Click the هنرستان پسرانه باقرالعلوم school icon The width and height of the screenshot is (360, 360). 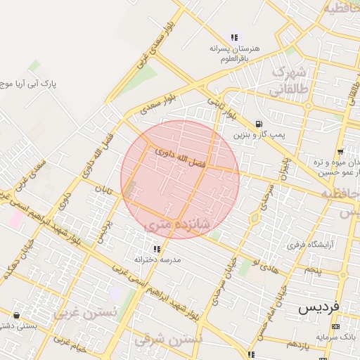coord(234,37)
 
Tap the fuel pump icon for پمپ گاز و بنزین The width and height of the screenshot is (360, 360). coord(261,124)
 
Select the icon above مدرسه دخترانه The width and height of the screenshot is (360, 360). coord(156,249)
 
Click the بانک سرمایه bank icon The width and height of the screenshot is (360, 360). coord(336,327)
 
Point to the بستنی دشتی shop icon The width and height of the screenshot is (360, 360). coord(16,315)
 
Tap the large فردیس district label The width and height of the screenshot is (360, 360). coord(319,307)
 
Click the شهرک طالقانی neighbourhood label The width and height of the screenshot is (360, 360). coord(288,81)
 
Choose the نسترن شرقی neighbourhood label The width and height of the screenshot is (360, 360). coord(168,339)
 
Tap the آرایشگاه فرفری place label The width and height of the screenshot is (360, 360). coord(304,246)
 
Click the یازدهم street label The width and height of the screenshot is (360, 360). coord(297,343)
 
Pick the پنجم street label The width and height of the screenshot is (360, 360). coord(312,269)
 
